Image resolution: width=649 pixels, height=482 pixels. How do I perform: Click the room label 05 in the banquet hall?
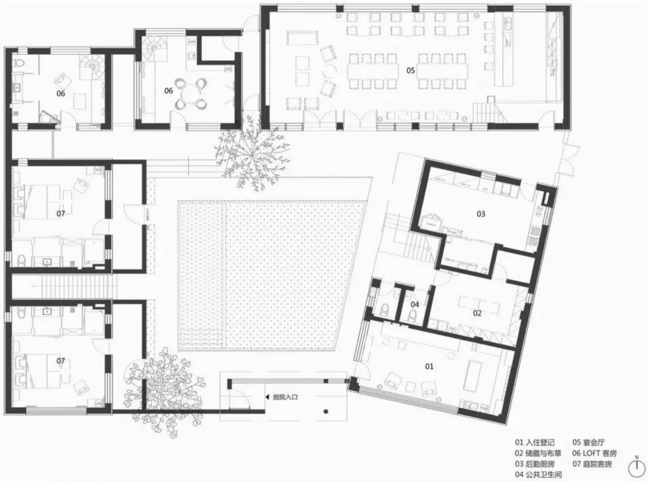pos(411,70)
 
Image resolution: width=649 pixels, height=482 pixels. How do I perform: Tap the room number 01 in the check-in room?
pos(429,366)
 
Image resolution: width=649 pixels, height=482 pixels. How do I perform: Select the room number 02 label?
pos(477,313)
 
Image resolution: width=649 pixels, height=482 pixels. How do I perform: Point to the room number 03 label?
pos(481,214)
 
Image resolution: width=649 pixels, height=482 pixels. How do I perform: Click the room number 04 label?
pos(414,304)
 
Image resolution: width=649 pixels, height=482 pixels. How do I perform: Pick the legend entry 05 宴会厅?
pos(588,442)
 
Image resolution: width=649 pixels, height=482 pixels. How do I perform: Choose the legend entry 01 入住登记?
pos(534,442)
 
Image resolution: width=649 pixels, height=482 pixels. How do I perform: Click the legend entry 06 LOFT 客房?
pos(594,453)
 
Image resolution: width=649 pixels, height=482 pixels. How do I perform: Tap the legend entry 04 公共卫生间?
pos(538,475)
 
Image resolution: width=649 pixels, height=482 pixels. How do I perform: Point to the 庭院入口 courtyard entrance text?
pos(285,397)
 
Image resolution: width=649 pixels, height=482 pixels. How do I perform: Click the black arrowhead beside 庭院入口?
pos(267,397)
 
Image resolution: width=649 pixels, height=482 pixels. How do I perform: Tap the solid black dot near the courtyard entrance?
pos(326,411)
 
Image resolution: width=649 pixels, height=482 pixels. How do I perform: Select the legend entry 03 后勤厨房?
pos(534,464)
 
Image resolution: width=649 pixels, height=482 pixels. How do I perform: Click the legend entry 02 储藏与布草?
pos(538,453)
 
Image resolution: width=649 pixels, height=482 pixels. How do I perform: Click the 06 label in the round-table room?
pos(169,90)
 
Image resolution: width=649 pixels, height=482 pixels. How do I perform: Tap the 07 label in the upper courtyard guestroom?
pos(61,213)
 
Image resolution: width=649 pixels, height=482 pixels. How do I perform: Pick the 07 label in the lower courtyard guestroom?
pos(61,360)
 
